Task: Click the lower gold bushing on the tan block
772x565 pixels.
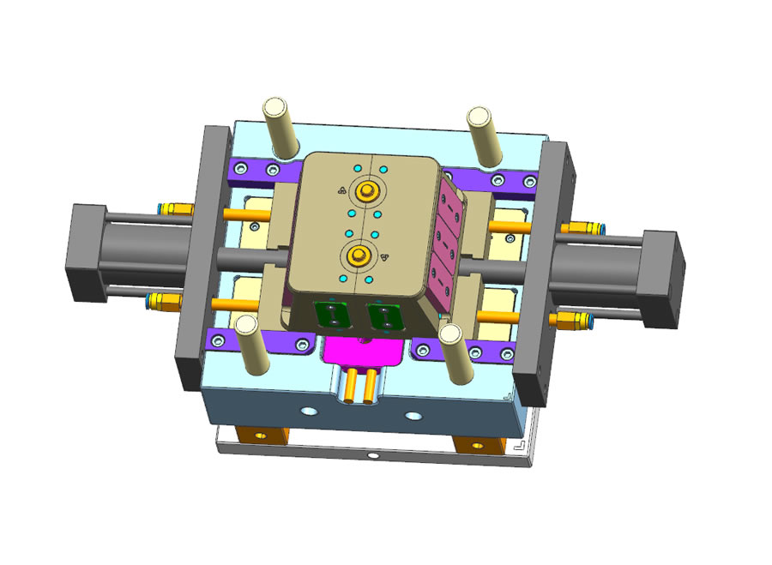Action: (x=359, y=254)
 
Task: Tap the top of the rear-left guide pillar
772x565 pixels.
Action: (x=275, y=108)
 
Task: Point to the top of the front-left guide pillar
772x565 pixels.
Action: (x=247, y=324)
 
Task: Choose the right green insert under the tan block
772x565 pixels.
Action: (x=383, y=316)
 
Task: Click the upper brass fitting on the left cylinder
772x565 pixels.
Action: (x=176, y=208)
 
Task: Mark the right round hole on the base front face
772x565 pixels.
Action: (x=414, y=416)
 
